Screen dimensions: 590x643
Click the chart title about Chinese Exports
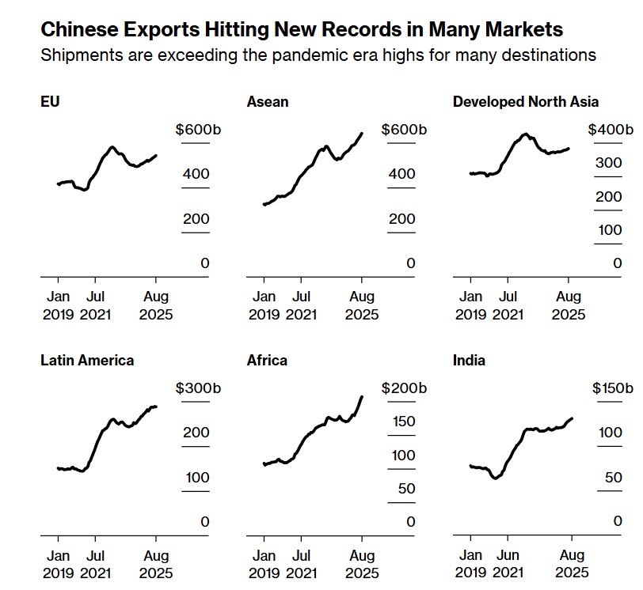pos(302,29)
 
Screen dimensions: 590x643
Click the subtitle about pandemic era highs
pos(318,55)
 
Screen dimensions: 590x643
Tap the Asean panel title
pos(268,101)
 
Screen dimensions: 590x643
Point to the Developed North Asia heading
pos(526,101)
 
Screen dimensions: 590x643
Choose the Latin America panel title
pos(87,360)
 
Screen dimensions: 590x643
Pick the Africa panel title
pos(267,360)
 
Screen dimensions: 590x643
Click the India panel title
pos(469,360)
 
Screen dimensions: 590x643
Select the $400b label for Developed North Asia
pos(611,130)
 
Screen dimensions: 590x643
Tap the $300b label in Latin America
pos(196,388)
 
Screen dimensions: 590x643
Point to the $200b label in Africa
pos(403,388)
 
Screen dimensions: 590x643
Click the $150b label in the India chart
pos(613,388)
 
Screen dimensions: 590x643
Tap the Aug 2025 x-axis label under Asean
pos(362,305)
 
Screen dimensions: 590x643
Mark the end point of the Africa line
pos(362,396)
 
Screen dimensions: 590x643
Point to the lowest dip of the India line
pos(495,478)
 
